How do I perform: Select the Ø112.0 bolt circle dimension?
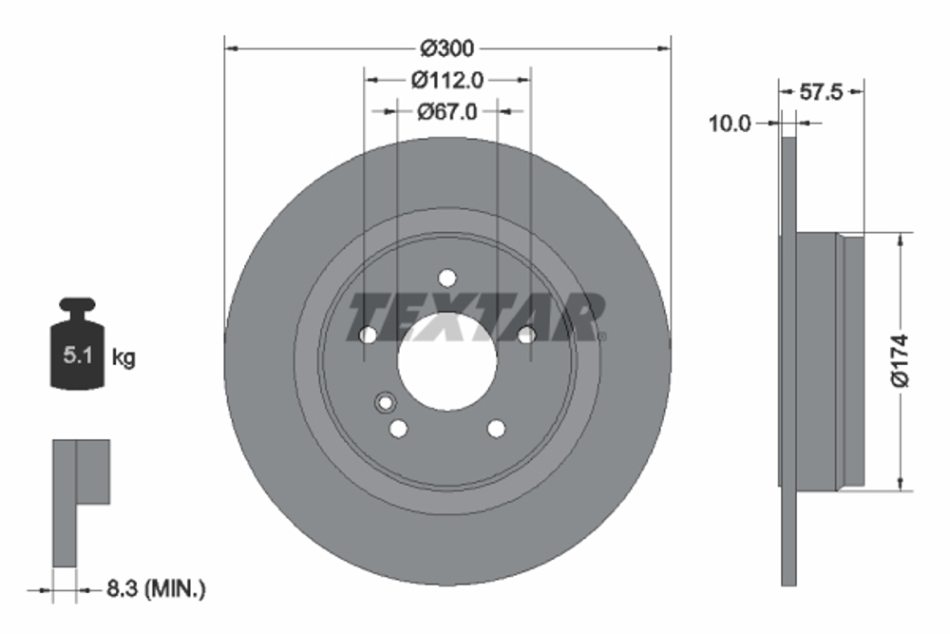(x=447, y=80)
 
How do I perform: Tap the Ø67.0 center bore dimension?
(x=447, y=111)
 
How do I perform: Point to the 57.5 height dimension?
(x=823, y=92)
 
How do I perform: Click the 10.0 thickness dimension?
(x=730, y=123)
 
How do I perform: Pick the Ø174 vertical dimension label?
(x=901, y=360)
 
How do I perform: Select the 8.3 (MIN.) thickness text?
(x=154, y=590)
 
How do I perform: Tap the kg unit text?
(x=123, y=358)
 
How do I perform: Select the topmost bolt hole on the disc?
(x=447, y=279)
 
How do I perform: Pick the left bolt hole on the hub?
(x=368, y=334)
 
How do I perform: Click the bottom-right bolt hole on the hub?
(x=496, y=429)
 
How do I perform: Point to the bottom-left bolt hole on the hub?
(x=398, y=429)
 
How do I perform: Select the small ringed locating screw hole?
(x=385, y=402)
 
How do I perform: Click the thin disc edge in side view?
(x=788, y=361)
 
